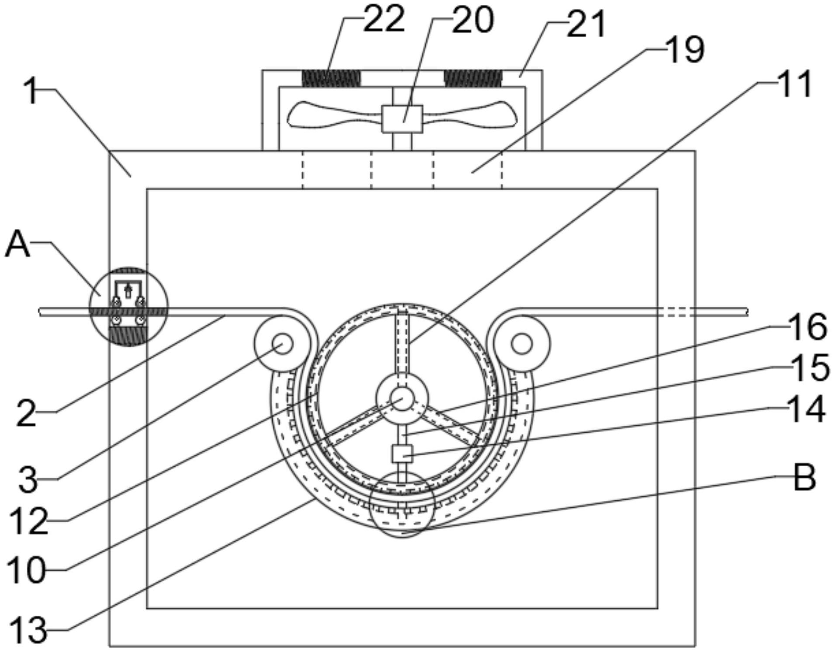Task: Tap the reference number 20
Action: pos(473,21)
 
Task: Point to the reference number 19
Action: pos(685,50)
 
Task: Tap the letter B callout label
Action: pos(804,478)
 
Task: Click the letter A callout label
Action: pos(17,245)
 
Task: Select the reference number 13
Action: pos(27,630)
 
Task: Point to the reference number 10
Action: pos(26,571)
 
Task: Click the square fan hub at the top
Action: pos(402,119)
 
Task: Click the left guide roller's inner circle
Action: pos(283,344)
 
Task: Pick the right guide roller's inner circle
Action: pos(521,344)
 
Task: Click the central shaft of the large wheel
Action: pos(402,398)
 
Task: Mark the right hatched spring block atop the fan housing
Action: pos(473,79)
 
